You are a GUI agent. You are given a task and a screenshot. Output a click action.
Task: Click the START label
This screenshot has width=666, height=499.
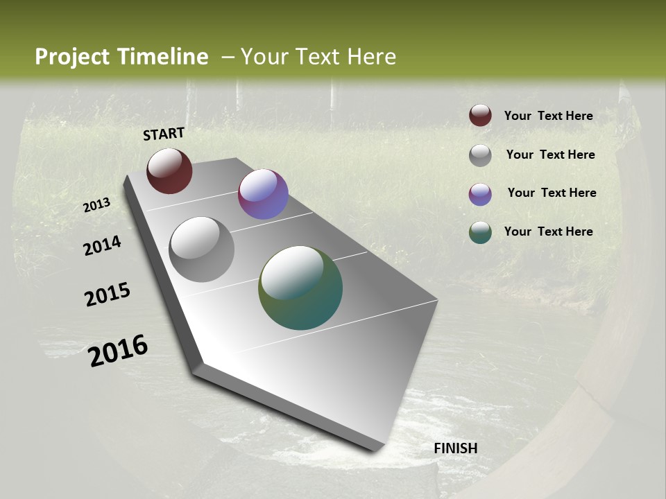(x=164, y=134)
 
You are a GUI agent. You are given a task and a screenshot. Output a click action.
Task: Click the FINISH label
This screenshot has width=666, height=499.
(x=455, y=448)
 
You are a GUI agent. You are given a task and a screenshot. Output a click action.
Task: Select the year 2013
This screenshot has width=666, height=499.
(x=97, y=205)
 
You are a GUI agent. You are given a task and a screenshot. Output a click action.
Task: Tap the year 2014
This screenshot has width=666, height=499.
(x=103, y=245)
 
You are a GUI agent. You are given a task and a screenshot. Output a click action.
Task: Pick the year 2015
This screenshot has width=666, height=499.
(x=108, y=295)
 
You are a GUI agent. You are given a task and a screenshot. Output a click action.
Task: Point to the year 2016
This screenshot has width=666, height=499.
(x=118, y=351)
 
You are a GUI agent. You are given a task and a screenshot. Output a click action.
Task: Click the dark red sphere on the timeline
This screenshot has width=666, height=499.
(x=169, y=170)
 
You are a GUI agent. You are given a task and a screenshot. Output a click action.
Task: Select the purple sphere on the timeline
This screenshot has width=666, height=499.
(x=263, y=194)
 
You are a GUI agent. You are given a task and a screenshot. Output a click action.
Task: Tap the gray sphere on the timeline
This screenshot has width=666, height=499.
(x=202, y=249)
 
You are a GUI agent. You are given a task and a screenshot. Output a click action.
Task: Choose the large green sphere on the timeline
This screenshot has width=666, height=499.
(x=300, y=288)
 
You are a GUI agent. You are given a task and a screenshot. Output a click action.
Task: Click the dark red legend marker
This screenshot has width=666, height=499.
(x=480, y=116)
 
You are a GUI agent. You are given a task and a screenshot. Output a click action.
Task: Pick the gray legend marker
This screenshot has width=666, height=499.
(x=480, y=155)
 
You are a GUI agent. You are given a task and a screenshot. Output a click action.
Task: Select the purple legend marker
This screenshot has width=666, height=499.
(x=480, y=194)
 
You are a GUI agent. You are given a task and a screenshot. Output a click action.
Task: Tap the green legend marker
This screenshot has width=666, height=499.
(x=480, y=233)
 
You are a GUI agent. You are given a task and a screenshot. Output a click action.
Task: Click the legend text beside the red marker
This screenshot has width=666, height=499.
(x=548, y=116)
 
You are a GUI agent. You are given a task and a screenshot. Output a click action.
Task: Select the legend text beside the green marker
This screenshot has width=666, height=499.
(x=548, y=231)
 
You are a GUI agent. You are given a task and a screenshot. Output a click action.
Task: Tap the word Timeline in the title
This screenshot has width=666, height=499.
(x=163, y=57)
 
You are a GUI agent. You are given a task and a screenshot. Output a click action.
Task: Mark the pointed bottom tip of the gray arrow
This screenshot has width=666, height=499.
(x=377, y=450)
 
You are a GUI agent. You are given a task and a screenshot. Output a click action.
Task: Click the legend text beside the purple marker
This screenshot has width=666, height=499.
(x=552, y=193)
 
